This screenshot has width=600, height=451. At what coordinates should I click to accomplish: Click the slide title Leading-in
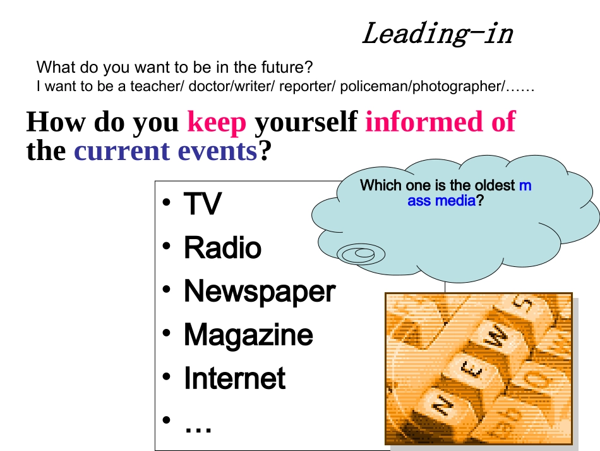coord(437,34)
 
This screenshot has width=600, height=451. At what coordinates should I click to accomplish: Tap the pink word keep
coord(217,122)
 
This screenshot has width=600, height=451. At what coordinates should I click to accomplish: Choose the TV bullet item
coord(202,204)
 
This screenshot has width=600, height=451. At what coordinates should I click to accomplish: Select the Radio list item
coord(222,247)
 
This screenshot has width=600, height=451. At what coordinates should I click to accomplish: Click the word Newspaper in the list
coord(259,292)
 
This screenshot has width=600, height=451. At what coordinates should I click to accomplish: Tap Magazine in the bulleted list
coord(248,335)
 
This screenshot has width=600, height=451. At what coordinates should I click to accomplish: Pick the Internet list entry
coord(234,378)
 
